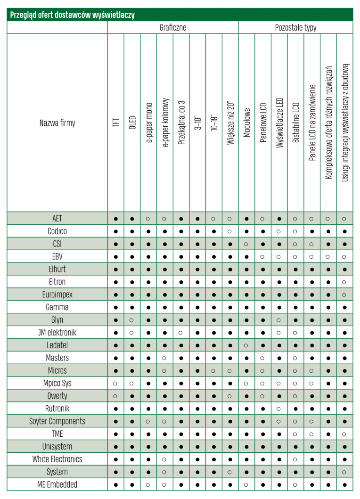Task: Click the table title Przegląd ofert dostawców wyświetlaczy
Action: click(x=73, y=15)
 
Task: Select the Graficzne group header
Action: click(x=173, y=28)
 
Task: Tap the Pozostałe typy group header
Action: click(x=295, y=28)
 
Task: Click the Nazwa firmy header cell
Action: click(x=57, y=123)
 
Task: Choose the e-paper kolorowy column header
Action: click(x=165, y=123)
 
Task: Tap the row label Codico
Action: click(x=57, y=231)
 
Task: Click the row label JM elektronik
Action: click(x=57, y=332)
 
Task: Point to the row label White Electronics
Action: click(x=57, y=459)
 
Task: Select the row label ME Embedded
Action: click(x=57, y=484)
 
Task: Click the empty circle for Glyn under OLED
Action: click(x=132, y=320)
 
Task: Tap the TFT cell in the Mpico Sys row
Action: click(x=116, y=383)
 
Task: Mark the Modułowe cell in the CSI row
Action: click(x=246, y=244)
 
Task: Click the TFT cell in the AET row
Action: click(x=116, y=219)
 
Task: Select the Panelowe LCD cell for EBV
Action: click(x=263, y=257)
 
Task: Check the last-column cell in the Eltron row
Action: click(x=345, y=282)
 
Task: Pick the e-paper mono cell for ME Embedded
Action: click(x=148, y=484)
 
